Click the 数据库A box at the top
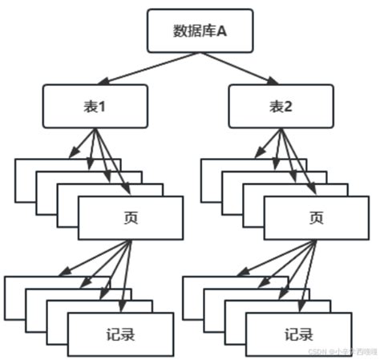200,30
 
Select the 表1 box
95,106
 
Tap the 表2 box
281,106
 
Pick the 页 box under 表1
131,217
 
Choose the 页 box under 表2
316,217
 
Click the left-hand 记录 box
120,334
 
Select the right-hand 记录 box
298,334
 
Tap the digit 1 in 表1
103,106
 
